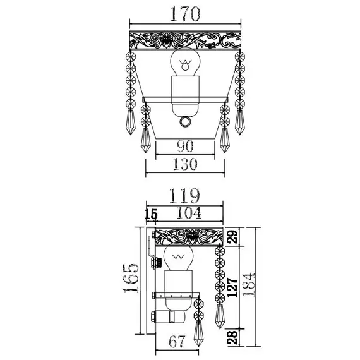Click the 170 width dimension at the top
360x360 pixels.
click(x=185, y=15)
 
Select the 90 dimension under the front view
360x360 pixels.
click(x=185, y=147)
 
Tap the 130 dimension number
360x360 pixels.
click(x=185, y=164)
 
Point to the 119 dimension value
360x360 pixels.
click(x=184, y=196)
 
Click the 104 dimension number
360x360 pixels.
click(x=189, y=213)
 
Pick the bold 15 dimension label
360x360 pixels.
click(x=151, y=215)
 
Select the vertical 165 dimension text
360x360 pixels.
click(x=131, y=279)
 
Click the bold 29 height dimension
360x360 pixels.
click(x=232, y=237)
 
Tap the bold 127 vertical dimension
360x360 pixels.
click(x=232, y=287)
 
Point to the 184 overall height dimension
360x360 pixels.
click(x=248, y=285)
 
